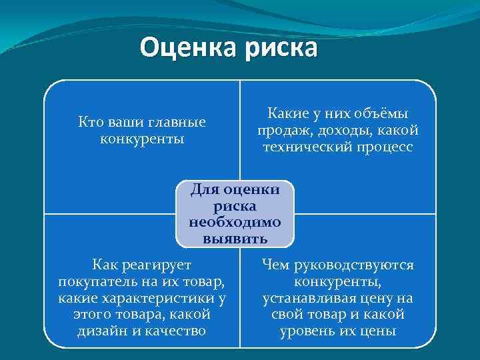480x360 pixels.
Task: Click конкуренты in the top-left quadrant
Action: [x=142, y=139]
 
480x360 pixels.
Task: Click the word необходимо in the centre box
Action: [x=235, y=222]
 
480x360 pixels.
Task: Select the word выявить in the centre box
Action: [x=235, y=238]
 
